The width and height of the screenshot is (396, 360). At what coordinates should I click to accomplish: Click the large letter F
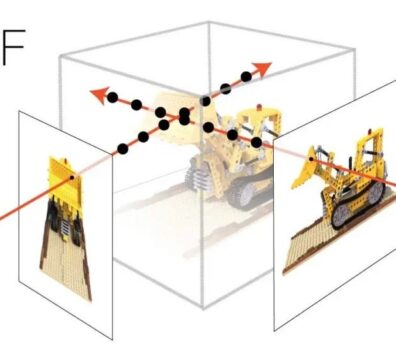click(x=13, y=47)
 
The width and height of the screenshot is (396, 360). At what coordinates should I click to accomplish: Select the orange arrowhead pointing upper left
click(x=100, y=95)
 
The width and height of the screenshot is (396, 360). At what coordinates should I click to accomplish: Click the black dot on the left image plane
click(x=72, y=178)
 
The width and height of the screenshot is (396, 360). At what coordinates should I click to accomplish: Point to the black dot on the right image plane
click(x=311, y=159)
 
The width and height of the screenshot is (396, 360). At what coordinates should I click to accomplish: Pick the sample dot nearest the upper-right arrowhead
click(x=246, y=77)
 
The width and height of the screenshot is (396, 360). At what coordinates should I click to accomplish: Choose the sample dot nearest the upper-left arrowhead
click(x=112, y=97)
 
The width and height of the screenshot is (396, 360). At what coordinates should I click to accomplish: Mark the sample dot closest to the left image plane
click(x=123, y=149)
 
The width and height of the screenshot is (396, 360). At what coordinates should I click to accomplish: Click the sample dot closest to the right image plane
click(x=256, y=143)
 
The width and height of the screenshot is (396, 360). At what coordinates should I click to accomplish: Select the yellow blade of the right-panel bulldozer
click(x=304, y=172)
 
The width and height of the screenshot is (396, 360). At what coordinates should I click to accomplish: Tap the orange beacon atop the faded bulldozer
click(x=260, y=107)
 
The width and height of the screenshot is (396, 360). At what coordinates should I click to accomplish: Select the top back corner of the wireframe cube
click(x=209, y=22)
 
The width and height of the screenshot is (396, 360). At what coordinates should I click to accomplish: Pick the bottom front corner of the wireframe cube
click(x=203, y=307)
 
